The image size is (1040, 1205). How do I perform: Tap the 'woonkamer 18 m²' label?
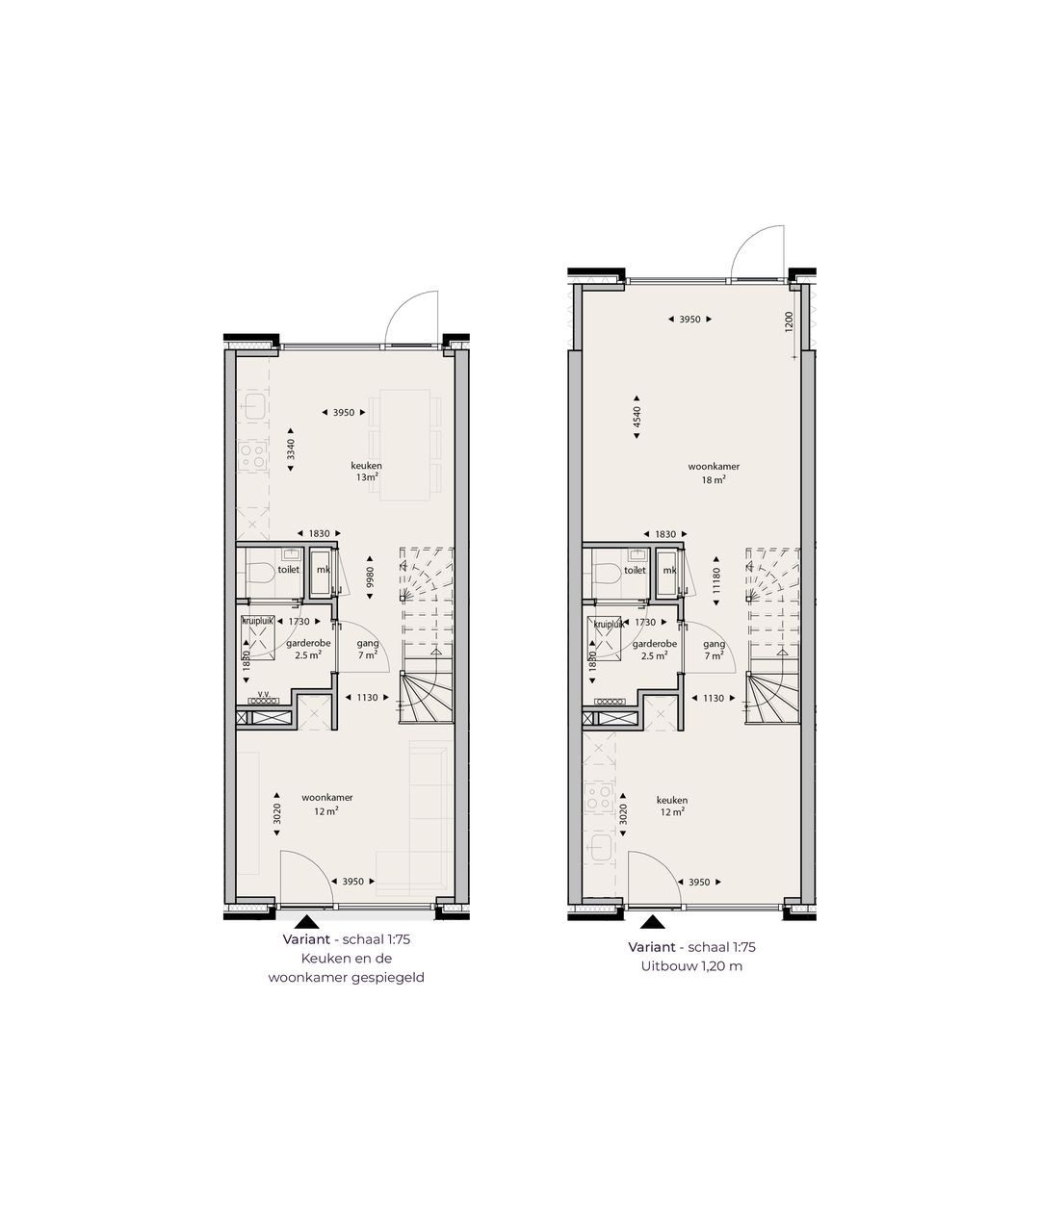[707, 472]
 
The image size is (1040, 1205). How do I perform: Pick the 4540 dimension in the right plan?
[637, 415]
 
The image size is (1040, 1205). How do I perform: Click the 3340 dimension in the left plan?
[291, 449]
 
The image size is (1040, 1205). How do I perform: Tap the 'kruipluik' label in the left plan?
[258, 623]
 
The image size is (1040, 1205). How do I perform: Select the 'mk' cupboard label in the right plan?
[669, 569]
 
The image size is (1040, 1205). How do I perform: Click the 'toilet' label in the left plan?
[289, 569]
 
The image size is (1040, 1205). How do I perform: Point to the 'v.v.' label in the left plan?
[257, 692]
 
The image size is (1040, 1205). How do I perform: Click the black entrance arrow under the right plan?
[652, 922]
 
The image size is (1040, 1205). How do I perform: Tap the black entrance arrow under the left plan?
[306, 922]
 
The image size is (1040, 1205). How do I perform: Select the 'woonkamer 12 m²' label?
[325, 804]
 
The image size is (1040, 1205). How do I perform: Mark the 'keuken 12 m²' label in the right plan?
[671, 805]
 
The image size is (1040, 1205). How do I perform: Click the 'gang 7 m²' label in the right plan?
[714, 650]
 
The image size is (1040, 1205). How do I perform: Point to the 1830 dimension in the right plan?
[665, 533]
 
